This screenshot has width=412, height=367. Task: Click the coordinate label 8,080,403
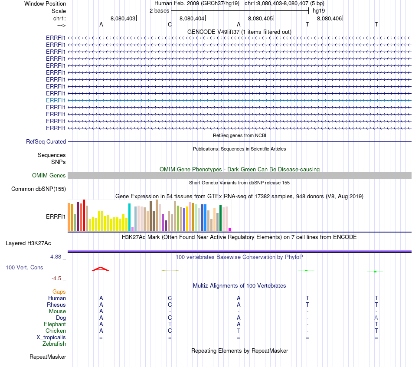(x=123, y=18)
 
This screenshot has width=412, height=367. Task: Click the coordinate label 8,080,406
(x=329, y=18)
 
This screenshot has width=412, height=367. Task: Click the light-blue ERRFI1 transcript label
(x=56, y=100)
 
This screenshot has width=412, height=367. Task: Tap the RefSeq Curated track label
(x=46, y=141)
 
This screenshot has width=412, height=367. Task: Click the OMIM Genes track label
(x=49, y=175)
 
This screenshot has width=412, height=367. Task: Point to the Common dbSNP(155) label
(x=39, y=189)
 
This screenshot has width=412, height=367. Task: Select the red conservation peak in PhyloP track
(x=101, y=269)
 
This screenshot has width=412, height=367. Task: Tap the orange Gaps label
(x=59, y=292)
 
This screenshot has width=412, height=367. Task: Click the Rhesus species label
(x=56, y=305)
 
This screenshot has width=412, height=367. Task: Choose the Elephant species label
(x=55, y=324)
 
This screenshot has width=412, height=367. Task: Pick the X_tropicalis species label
(x=51, y=337)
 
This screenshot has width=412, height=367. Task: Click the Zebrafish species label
(x=54, y=344)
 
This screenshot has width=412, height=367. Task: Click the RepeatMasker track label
(x=48, y=357)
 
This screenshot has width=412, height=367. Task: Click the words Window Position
(x=45, y=3)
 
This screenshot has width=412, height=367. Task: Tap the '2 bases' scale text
(x=159, y=11)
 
